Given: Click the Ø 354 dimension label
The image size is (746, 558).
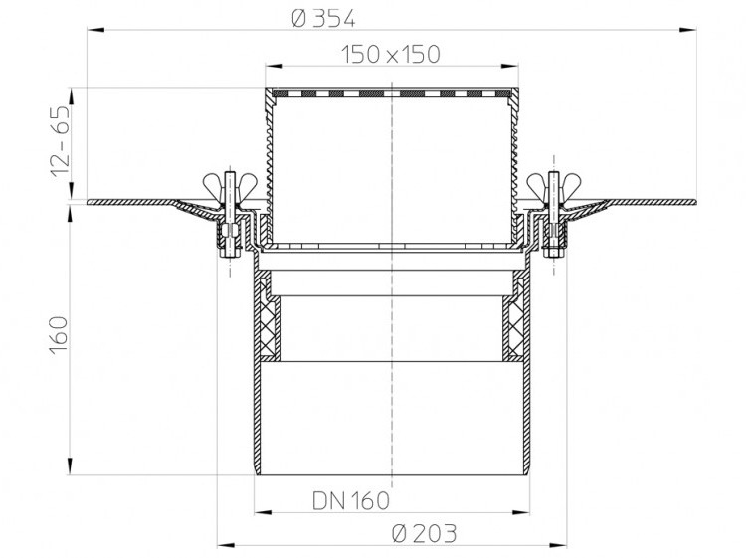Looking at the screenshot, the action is pos(323,19).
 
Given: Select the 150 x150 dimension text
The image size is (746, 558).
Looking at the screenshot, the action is pos(391,55).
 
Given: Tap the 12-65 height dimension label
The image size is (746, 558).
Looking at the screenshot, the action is pos(61,142).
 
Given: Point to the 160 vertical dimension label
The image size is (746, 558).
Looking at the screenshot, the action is pos(59,335).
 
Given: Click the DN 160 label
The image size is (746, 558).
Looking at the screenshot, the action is pos(351,500).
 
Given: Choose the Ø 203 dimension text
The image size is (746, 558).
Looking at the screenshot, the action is pos(425,533).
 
